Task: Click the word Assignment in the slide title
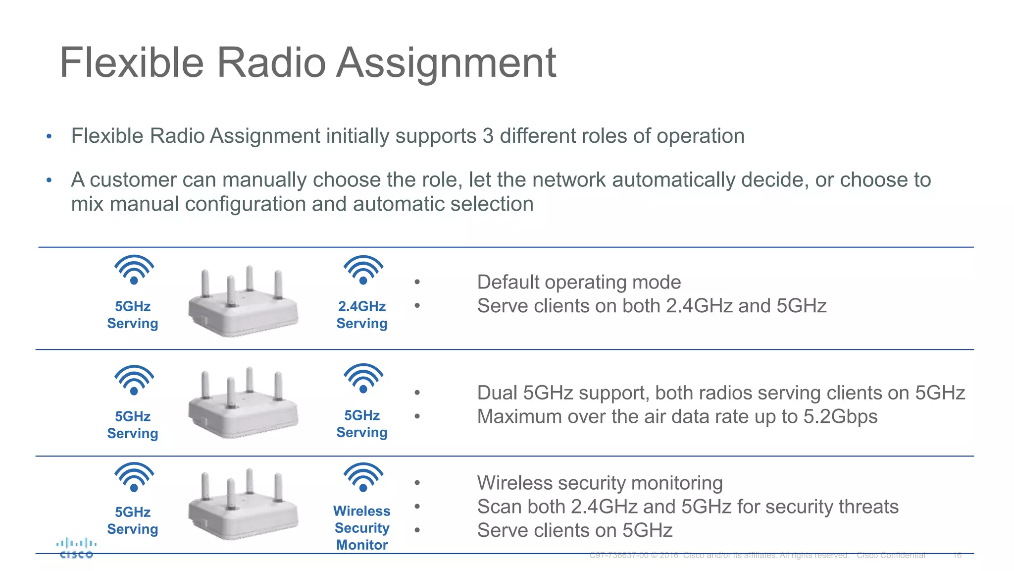tap(446, 63)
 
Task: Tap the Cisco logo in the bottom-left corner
tap(76, 548)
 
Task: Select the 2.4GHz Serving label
tap(362, 315)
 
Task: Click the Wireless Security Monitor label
tap(362, 528)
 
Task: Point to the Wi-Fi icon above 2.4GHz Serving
tap(363, 270)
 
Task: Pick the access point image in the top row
tap(243, 302)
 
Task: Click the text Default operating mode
tap(579, 282)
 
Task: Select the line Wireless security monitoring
tap(600, 483)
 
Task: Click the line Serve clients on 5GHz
tap(574, 530)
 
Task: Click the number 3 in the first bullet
tap(488, 136)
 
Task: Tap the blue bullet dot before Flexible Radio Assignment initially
tap(49, 136)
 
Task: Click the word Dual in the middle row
tap(497, 393)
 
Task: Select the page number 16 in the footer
tap(957, 555)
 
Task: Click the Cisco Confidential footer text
tap(891, 555)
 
